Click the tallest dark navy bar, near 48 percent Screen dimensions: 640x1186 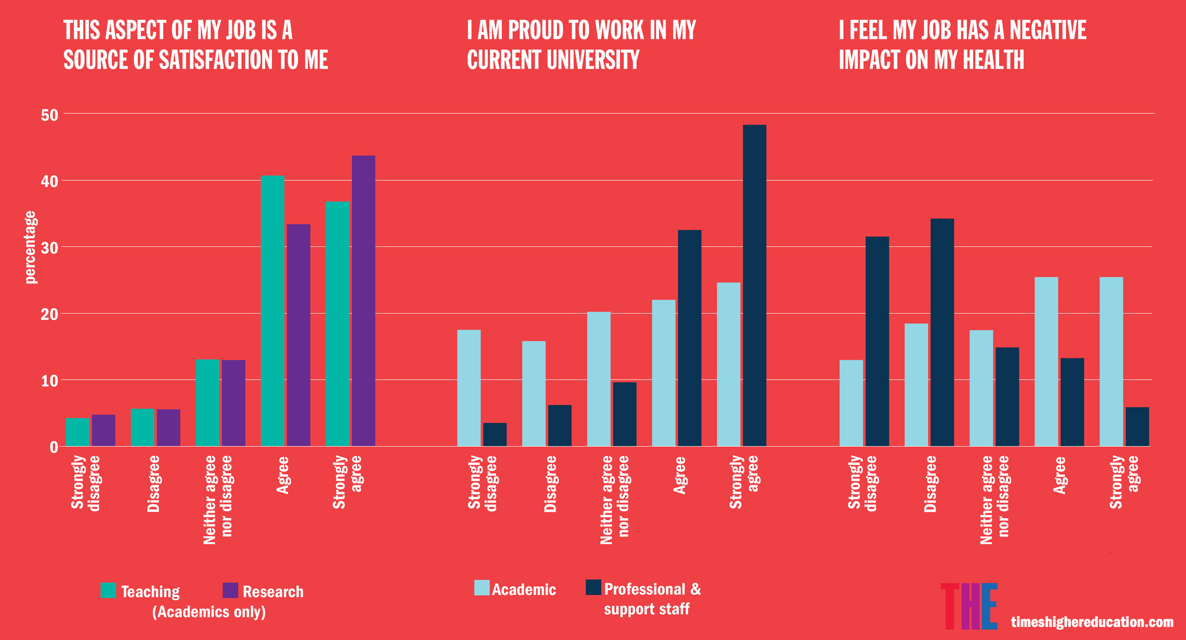754,285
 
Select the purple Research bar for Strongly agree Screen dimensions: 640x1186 363,301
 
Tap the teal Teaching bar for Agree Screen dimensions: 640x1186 272,311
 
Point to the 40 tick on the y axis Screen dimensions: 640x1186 49,181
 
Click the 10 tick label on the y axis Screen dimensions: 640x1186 49,381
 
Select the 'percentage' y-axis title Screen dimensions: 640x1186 30,247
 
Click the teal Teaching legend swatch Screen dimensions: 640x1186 108,590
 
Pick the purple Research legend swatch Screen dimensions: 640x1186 230,590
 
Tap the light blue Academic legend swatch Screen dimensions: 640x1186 482,588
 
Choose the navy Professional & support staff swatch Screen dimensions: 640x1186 593,587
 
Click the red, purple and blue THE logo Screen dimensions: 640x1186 969,606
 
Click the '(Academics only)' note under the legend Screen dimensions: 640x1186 209,612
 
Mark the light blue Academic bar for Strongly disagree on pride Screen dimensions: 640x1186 469,388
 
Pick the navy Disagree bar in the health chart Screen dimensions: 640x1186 942,332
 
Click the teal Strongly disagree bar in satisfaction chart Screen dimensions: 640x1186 77,432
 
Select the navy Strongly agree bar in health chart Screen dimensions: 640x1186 1137,427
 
